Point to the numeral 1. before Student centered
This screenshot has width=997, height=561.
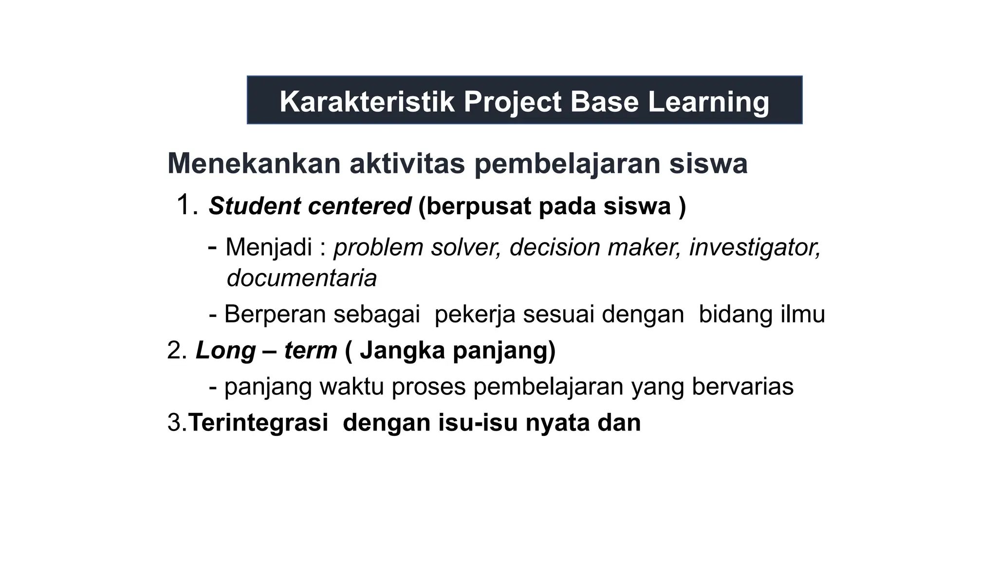pos(187,205)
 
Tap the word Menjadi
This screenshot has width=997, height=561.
pos(269,247)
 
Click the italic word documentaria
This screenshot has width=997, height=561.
pos(302,279)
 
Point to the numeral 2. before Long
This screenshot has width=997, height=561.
pos(177,351)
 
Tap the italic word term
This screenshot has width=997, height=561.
pos(311,351)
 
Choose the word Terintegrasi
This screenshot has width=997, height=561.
pos(258,423)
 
